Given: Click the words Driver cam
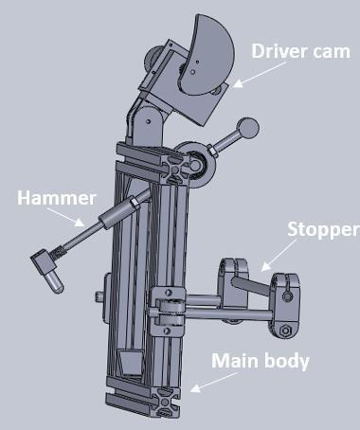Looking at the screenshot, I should click(300, 51).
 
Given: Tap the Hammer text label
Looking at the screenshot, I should click(56, 199).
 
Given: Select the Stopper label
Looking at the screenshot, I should click(323, 230).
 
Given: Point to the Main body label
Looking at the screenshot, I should click(260, 360).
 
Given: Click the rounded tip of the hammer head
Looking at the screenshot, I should click(56, 280).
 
